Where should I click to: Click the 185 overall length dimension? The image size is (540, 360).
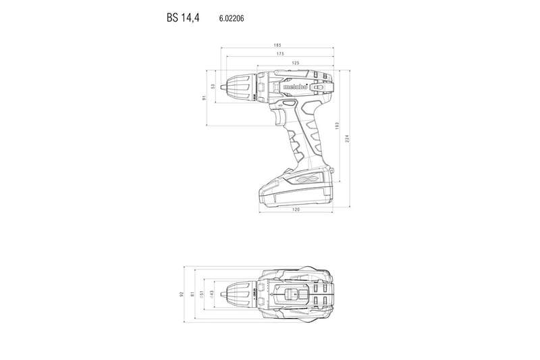pos(277,45)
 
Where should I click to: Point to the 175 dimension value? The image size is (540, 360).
pos(279,54)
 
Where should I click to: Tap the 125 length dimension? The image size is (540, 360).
pos(295,63)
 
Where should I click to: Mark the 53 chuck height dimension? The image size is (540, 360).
pos(213,86)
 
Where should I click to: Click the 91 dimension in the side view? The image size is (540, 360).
pos(204,98)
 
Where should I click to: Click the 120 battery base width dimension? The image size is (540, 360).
pos(296,210)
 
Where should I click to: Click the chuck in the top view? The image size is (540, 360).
pos(236,294)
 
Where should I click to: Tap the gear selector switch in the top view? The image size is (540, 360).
pos(292,294)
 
